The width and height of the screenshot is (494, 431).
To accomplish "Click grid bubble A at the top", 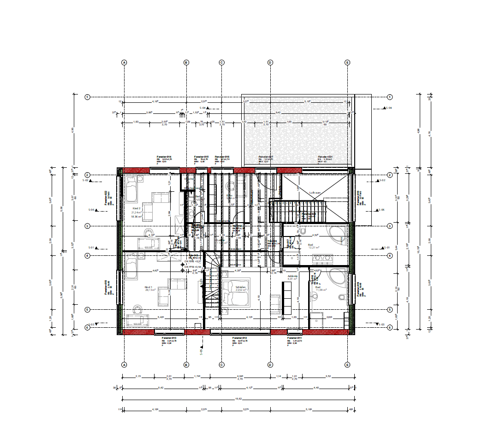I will tap(124, 62).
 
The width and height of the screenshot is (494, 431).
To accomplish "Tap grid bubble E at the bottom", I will tap(347, 365).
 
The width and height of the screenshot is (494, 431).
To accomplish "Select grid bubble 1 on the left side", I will tap(87, 97).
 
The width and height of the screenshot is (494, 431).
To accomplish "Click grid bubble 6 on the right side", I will tap(389, 327).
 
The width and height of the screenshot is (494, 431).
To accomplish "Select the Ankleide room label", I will tap(293, 276).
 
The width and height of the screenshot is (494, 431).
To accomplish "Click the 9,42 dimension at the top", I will tap(278, 112).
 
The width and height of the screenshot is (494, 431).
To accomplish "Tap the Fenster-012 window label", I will tap(240, 338).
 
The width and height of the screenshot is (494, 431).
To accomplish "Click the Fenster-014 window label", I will tap(164, 157).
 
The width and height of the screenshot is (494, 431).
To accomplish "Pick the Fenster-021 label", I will tap(325, 157).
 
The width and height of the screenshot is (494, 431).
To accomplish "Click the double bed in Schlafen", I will tap(236, 292).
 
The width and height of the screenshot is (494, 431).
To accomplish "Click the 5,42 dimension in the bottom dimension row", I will tap(161, 388).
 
